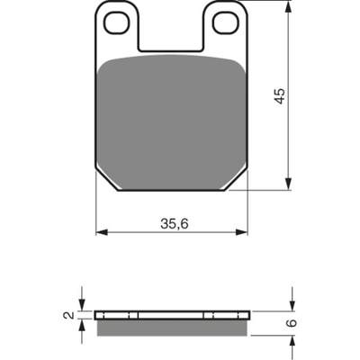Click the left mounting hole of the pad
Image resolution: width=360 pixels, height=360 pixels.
(117, 22)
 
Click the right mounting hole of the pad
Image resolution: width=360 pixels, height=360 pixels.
(226, 22)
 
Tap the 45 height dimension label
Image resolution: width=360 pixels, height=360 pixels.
(280, 95)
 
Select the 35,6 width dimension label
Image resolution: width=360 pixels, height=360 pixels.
(175, 223)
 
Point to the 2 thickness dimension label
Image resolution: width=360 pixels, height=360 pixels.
(68, 315)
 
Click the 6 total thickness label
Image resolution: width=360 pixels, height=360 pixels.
(292, 323)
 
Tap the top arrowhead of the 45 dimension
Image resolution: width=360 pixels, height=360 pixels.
(288, 6)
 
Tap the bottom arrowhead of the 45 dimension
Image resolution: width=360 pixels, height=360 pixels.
(288, 184)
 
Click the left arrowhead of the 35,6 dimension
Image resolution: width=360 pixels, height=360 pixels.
(102, 232)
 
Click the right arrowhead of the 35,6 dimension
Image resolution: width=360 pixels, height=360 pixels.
(241, 232)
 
